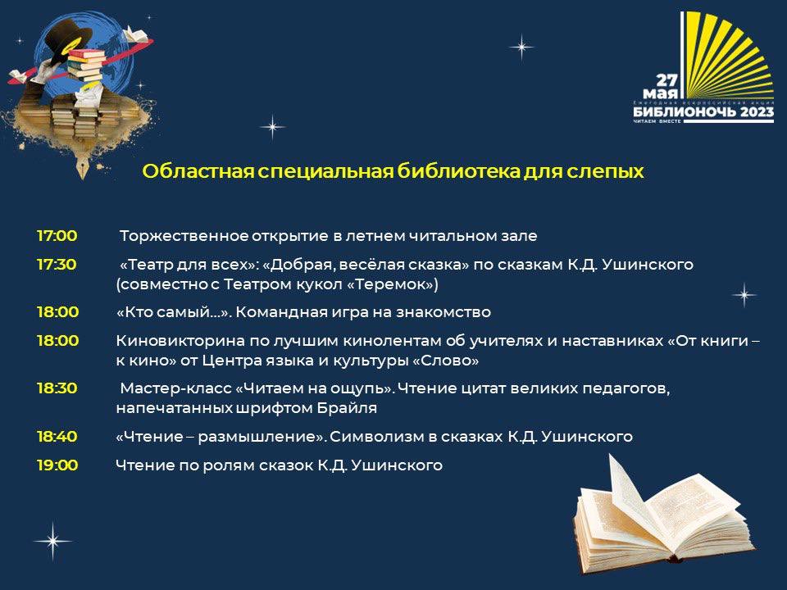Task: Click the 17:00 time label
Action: (57, 235)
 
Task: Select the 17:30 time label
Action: (57, 264)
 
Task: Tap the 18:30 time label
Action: (57, 388)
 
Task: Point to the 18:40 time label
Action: (57, 436)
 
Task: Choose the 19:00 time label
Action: (57, 465)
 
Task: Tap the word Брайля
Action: (347, 408)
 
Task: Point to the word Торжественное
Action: (184, 236)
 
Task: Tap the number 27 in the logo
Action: (667, 79)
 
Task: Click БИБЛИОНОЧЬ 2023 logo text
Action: (703, 111)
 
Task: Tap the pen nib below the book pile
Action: (83, 167)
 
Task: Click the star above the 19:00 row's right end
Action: (744, 294)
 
